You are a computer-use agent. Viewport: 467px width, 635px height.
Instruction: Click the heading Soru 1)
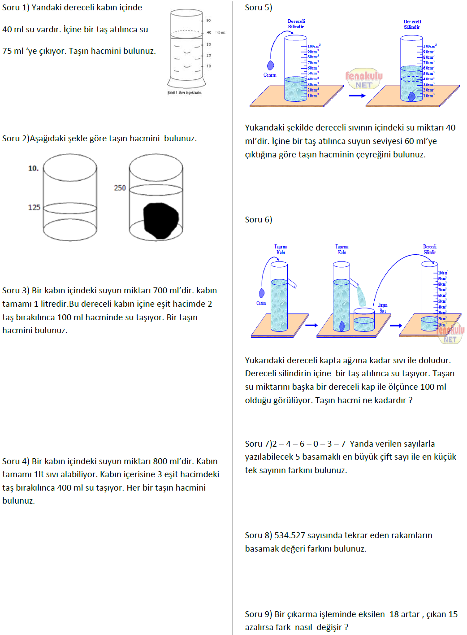click(16, 8)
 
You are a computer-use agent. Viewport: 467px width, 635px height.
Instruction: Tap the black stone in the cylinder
click(160, 220)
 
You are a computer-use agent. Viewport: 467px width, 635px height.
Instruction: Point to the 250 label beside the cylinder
click(120, 188)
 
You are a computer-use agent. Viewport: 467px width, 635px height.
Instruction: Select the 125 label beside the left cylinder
click(34, 207)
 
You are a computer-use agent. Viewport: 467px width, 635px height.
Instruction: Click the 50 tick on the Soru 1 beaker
click(208, 21)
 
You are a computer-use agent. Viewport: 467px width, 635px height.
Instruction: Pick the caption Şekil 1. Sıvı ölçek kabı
click(185, 93)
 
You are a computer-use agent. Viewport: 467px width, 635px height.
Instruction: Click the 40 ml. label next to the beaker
click(221, 33)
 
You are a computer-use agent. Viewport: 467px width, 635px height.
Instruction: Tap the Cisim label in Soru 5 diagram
click(270, 75)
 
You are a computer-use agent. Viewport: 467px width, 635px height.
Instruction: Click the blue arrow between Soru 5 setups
click(357, 96)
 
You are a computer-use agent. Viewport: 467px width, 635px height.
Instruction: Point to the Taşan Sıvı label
click(382, 308)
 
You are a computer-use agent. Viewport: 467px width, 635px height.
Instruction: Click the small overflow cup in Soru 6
click(364, 320)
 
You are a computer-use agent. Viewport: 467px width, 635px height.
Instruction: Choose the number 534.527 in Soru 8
click(290, 535)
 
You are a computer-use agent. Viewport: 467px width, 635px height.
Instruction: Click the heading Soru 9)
click(259, 614)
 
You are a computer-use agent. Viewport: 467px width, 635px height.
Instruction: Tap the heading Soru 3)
click(16, 291)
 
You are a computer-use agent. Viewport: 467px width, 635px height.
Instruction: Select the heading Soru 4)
click(16, 461)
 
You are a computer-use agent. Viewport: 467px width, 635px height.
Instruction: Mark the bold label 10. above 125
click(33, 169)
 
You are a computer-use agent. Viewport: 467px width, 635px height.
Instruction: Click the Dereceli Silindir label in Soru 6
click(429, 249)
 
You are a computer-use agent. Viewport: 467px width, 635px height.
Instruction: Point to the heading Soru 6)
click(259, 220)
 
